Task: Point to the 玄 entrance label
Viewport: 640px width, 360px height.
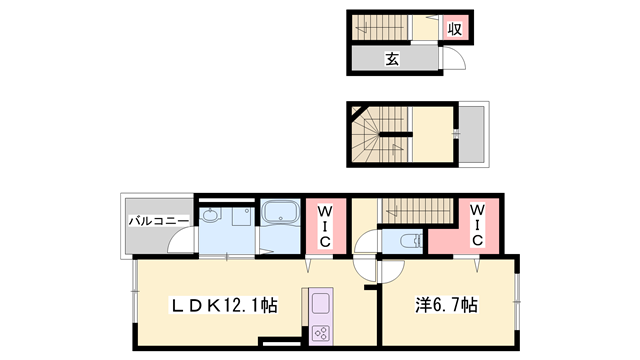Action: (x=393, y=59)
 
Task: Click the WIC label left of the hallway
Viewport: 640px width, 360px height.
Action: (x=325, y=228)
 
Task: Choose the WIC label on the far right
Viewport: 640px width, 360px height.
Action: (x=477, y=226)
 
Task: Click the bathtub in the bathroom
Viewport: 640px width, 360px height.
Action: (x=280, y=215)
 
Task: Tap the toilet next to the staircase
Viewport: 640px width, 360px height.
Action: (x=408, y=241)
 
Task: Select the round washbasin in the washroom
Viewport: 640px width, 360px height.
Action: (x=210, y=216)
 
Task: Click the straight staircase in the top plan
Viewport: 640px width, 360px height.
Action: (x=380, y=27)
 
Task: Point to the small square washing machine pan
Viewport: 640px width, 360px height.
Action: (x=240, y=218)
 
